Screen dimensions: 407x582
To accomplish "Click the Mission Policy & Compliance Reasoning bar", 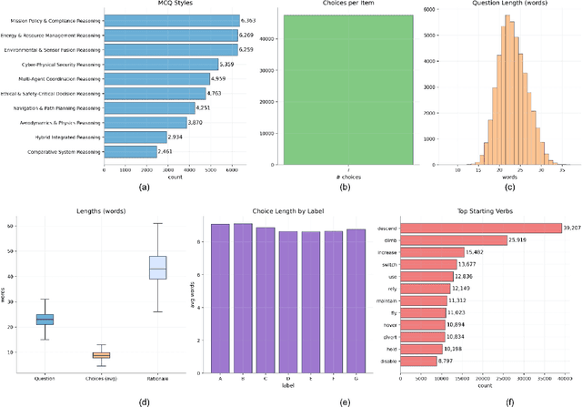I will coord(159,20).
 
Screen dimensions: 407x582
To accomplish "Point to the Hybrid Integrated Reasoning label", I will coord(64,137).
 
